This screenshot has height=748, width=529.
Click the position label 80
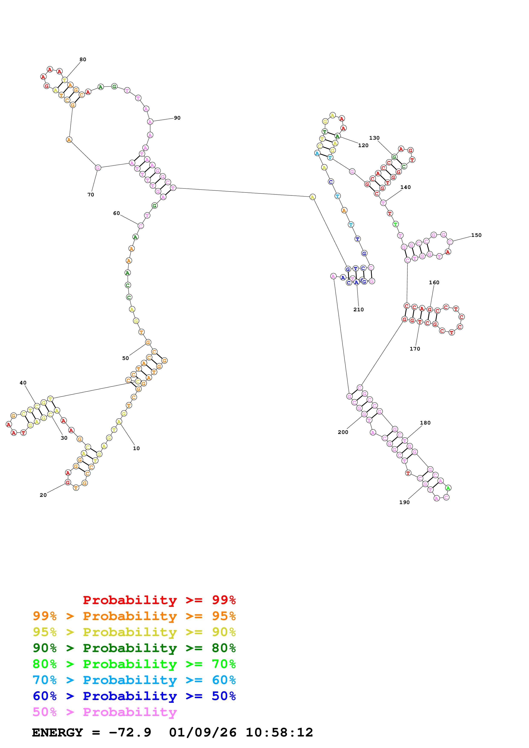click(x=83, y=60)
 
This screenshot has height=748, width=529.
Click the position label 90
click(x=177, y=118)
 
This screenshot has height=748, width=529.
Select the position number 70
click(x=91, y=195)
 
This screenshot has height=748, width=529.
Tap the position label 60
click(x=116, y=213)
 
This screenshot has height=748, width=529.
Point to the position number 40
click(x=23, y=383)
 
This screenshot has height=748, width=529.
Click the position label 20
click(x=43, y=495)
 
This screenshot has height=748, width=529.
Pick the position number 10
click(x=136, y=449)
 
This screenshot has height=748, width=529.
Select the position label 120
click(x=363, y=146)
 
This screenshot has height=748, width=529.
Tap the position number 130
click(x=374, y=138)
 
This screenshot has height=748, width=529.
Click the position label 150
click(x=476, y=235)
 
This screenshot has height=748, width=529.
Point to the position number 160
click(x=434, y=283)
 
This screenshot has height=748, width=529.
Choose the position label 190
click(x=404, y=502)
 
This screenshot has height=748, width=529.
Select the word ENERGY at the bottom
click(x=57, y=733)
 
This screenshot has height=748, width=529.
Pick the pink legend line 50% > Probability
click(x=105, y=712)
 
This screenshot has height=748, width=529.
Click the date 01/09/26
click(x=203, y=733)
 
